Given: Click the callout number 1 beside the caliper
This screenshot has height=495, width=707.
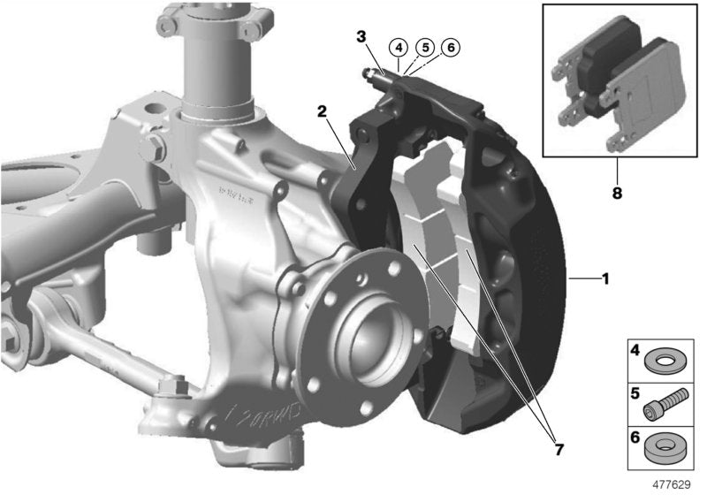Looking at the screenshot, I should tap(605, 278).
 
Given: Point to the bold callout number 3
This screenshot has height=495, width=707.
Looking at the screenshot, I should tap(361, 36).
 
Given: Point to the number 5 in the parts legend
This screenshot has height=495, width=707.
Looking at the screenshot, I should tap(634, 394).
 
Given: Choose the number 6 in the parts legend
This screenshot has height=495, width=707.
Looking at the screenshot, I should tap(634, 437).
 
